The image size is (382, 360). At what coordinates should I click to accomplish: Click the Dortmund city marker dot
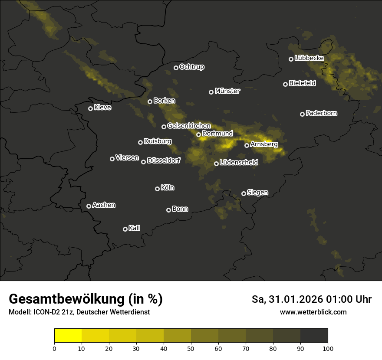click(198, 134)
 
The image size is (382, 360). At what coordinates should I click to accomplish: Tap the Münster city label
click(227, 91)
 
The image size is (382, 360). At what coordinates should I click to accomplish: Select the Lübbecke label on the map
click(309, 58)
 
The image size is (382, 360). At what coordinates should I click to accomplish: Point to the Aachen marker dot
click(89, 206)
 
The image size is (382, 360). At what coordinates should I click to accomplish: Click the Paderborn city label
click(321, 113)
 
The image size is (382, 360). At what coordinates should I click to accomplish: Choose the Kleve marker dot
click(90, 108)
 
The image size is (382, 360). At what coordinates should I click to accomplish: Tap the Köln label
click(168, 188)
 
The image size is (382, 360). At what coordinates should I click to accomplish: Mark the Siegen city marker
click(244, 193)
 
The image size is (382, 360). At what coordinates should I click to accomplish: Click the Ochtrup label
click(191, 67)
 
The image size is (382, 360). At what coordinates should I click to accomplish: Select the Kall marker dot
click(125, 229)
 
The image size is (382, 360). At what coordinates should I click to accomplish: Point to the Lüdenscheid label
click(239, 163)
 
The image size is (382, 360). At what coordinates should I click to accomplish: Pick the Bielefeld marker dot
click(285, 84)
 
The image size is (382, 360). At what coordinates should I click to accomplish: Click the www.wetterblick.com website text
click(313, 312)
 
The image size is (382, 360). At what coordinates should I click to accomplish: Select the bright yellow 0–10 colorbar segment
click(68, 336)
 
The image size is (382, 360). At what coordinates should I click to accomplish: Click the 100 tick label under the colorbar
click(328, 348)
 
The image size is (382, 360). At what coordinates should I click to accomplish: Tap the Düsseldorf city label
click(163, 160)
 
